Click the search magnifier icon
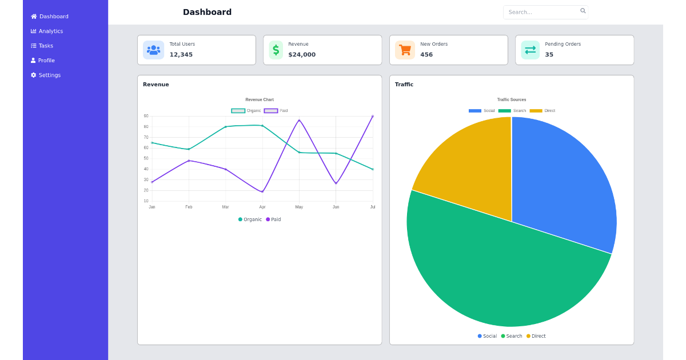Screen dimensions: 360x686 [583, 11]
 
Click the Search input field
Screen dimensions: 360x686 [540, 12]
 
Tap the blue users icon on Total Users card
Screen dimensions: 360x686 [153, 50]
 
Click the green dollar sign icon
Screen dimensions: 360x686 [276, 50]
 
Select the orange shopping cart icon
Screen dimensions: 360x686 [405, 50]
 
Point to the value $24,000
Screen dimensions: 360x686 [302, 55]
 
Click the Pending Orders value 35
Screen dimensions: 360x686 [549, 55]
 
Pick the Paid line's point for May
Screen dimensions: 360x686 [299, 121]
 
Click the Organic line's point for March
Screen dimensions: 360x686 [226, 127]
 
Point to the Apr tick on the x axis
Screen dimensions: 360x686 [262, 207]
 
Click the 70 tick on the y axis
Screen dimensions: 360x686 [146, 138]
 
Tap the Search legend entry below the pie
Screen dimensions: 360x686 [512, 336]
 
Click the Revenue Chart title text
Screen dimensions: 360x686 [260, 100]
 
